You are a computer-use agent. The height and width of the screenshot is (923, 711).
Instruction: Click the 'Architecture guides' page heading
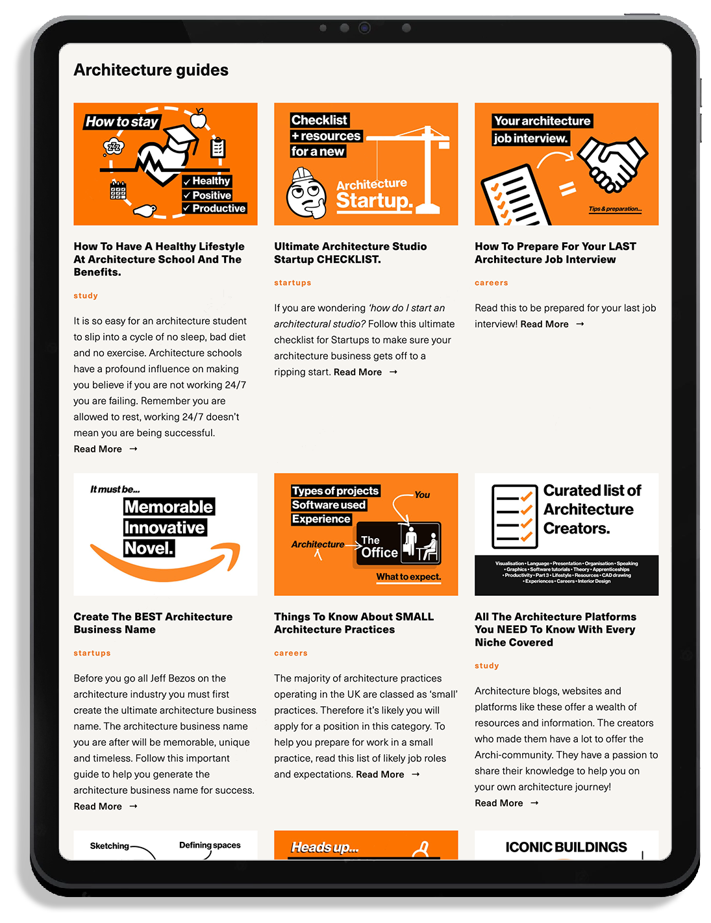point(151,70)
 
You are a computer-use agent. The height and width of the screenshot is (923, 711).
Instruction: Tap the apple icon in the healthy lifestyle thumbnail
point(198,119)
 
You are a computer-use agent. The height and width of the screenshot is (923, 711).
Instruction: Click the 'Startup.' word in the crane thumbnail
point(374,201)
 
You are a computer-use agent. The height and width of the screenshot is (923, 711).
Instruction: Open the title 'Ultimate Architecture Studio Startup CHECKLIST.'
point(350,252)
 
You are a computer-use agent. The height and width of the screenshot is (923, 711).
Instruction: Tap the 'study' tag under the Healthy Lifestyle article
point(86,295)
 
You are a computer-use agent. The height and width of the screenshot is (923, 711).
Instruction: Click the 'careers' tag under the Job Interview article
point(492,283)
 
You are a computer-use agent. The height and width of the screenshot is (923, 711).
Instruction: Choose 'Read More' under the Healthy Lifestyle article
point(98,449)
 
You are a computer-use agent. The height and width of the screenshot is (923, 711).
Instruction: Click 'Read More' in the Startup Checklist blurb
point(358,372)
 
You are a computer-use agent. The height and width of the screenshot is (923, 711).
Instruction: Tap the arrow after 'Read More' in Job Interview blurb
point(580,324)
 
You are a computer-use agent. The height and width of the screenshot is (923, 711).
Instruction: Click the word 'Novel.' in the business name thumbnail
point(149,548)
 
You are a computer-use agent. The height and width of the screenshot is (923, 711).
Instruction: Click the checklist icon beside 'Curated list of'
point(514,517)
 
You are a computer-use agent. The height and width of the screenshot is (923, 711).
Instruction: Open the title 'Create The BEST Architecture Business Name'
point(153,623)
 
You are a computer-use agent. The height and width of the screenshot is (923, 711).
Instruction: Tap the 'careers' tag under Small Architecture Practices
point(291,653)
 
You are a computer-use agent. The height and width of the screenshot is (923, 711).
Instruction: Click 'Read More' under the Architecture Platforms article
point(499,803)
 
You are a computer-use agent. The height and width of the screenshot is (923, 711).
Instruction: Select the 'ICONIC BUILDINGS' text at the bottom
point(566,847)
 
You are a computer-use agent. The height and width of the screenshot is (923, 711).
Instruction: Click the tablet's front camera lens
point(364,28)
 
